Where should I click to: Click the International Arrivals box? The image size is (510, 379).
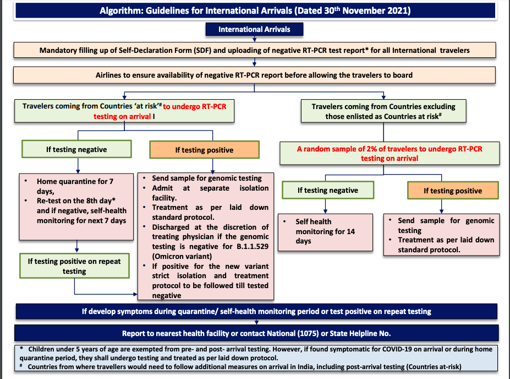pos(254,29)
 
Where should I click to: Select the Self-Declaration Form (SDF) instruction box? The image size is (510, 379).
pos(254,50)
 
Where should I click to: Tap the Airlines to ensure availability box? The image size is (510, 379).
pos(254,74)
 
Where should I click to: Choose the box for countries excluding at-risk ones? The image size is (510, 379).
pos(383,111)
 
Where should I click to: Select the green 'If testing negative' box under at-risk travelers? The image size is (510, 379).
pos(76,149)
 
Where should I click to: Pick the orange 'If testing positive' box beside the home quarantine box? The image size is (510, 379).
pos(204,150)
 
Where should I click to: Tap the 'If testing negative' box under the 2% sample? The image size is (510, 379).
pos(327,190)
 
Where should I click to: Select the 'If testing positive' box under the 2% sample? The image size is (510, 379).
pos(453,191)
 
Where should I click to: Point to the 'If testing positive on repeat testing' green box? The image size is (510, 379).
pos(74,266)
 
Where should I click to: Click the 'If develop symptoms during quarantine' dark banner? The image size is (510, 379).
pos(256,311)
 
